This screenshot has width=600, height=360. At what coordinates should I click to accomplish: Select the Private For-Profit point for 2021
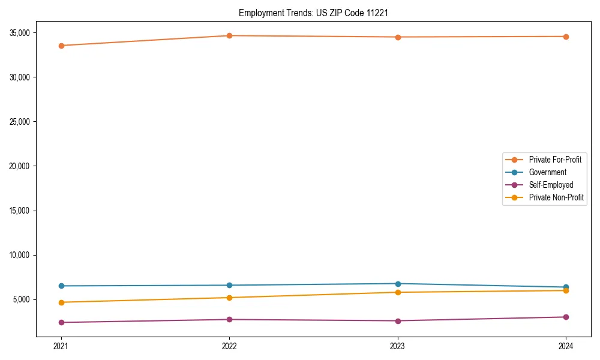pos(61,46)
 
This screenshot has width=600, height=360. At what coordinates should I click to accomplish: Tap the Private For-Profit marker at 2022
pos(229,36)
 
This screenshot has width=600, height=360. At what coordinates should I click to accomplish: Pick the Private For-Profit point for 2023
pos(398,37)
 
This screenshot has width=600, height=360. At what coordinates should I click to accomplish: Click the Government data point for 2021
pos(61,286)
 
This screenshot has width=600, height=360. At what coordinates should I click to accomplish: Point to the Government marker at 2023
pos(398,284)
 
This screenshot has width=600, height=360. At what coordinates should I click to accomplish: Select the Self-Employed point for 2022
pos(229,319)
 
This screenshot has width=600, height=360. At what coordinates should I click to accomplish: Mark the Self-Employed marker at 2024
pos(566,317)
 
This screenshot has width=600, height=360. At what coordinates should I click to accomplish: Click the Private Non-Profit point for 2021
pos(61,302)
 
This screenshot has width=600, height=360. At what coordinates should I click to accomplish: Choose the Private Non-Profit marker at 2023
pos(398,292)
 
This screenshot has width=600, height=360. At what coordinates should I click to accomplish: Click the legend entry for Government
pos(547,172)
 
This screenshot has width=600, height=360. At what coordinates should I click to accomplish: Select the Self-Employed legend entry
pos(551,185)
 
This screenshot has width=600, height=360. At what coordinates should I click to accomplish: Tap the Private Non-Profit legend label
pos(556,197)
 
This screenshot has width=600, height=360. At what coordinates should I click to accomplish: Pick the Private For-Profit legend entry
pos(555,160)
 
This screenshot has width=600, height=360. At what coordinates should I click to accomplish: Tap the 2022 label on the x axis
pos(229,346)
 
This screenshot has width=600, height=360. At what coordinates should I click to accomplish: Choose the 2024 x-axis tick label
pos(566,346)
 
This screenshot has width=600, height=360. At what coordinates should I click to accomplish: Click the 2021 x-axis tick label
pos(61,346)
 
